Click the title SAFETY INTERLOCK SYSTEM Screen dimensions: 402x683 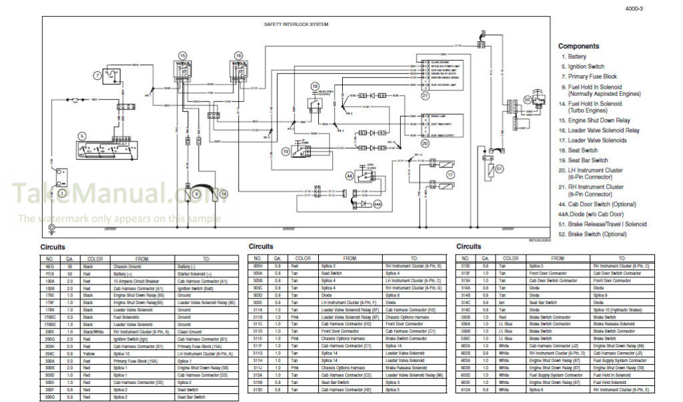tap(296, 24)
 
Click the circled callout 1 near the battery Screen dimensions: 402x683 tap(62, 193)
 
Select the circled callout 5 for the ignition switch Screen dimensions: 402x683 tap(82, 136)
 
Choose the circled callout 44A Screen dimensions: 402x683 tap(378, 204)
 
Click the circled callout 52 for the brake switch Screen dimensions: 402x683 tap(528, 99)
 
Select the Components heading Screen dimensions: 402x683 tap(578, 47)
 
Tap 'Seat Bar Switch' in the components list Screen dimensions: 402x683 tap(588, 160)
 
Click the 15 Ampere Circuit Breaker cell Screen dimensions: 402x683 tap(135, 281)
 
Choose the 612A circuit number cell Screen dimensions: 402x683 tap(466, 389)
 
